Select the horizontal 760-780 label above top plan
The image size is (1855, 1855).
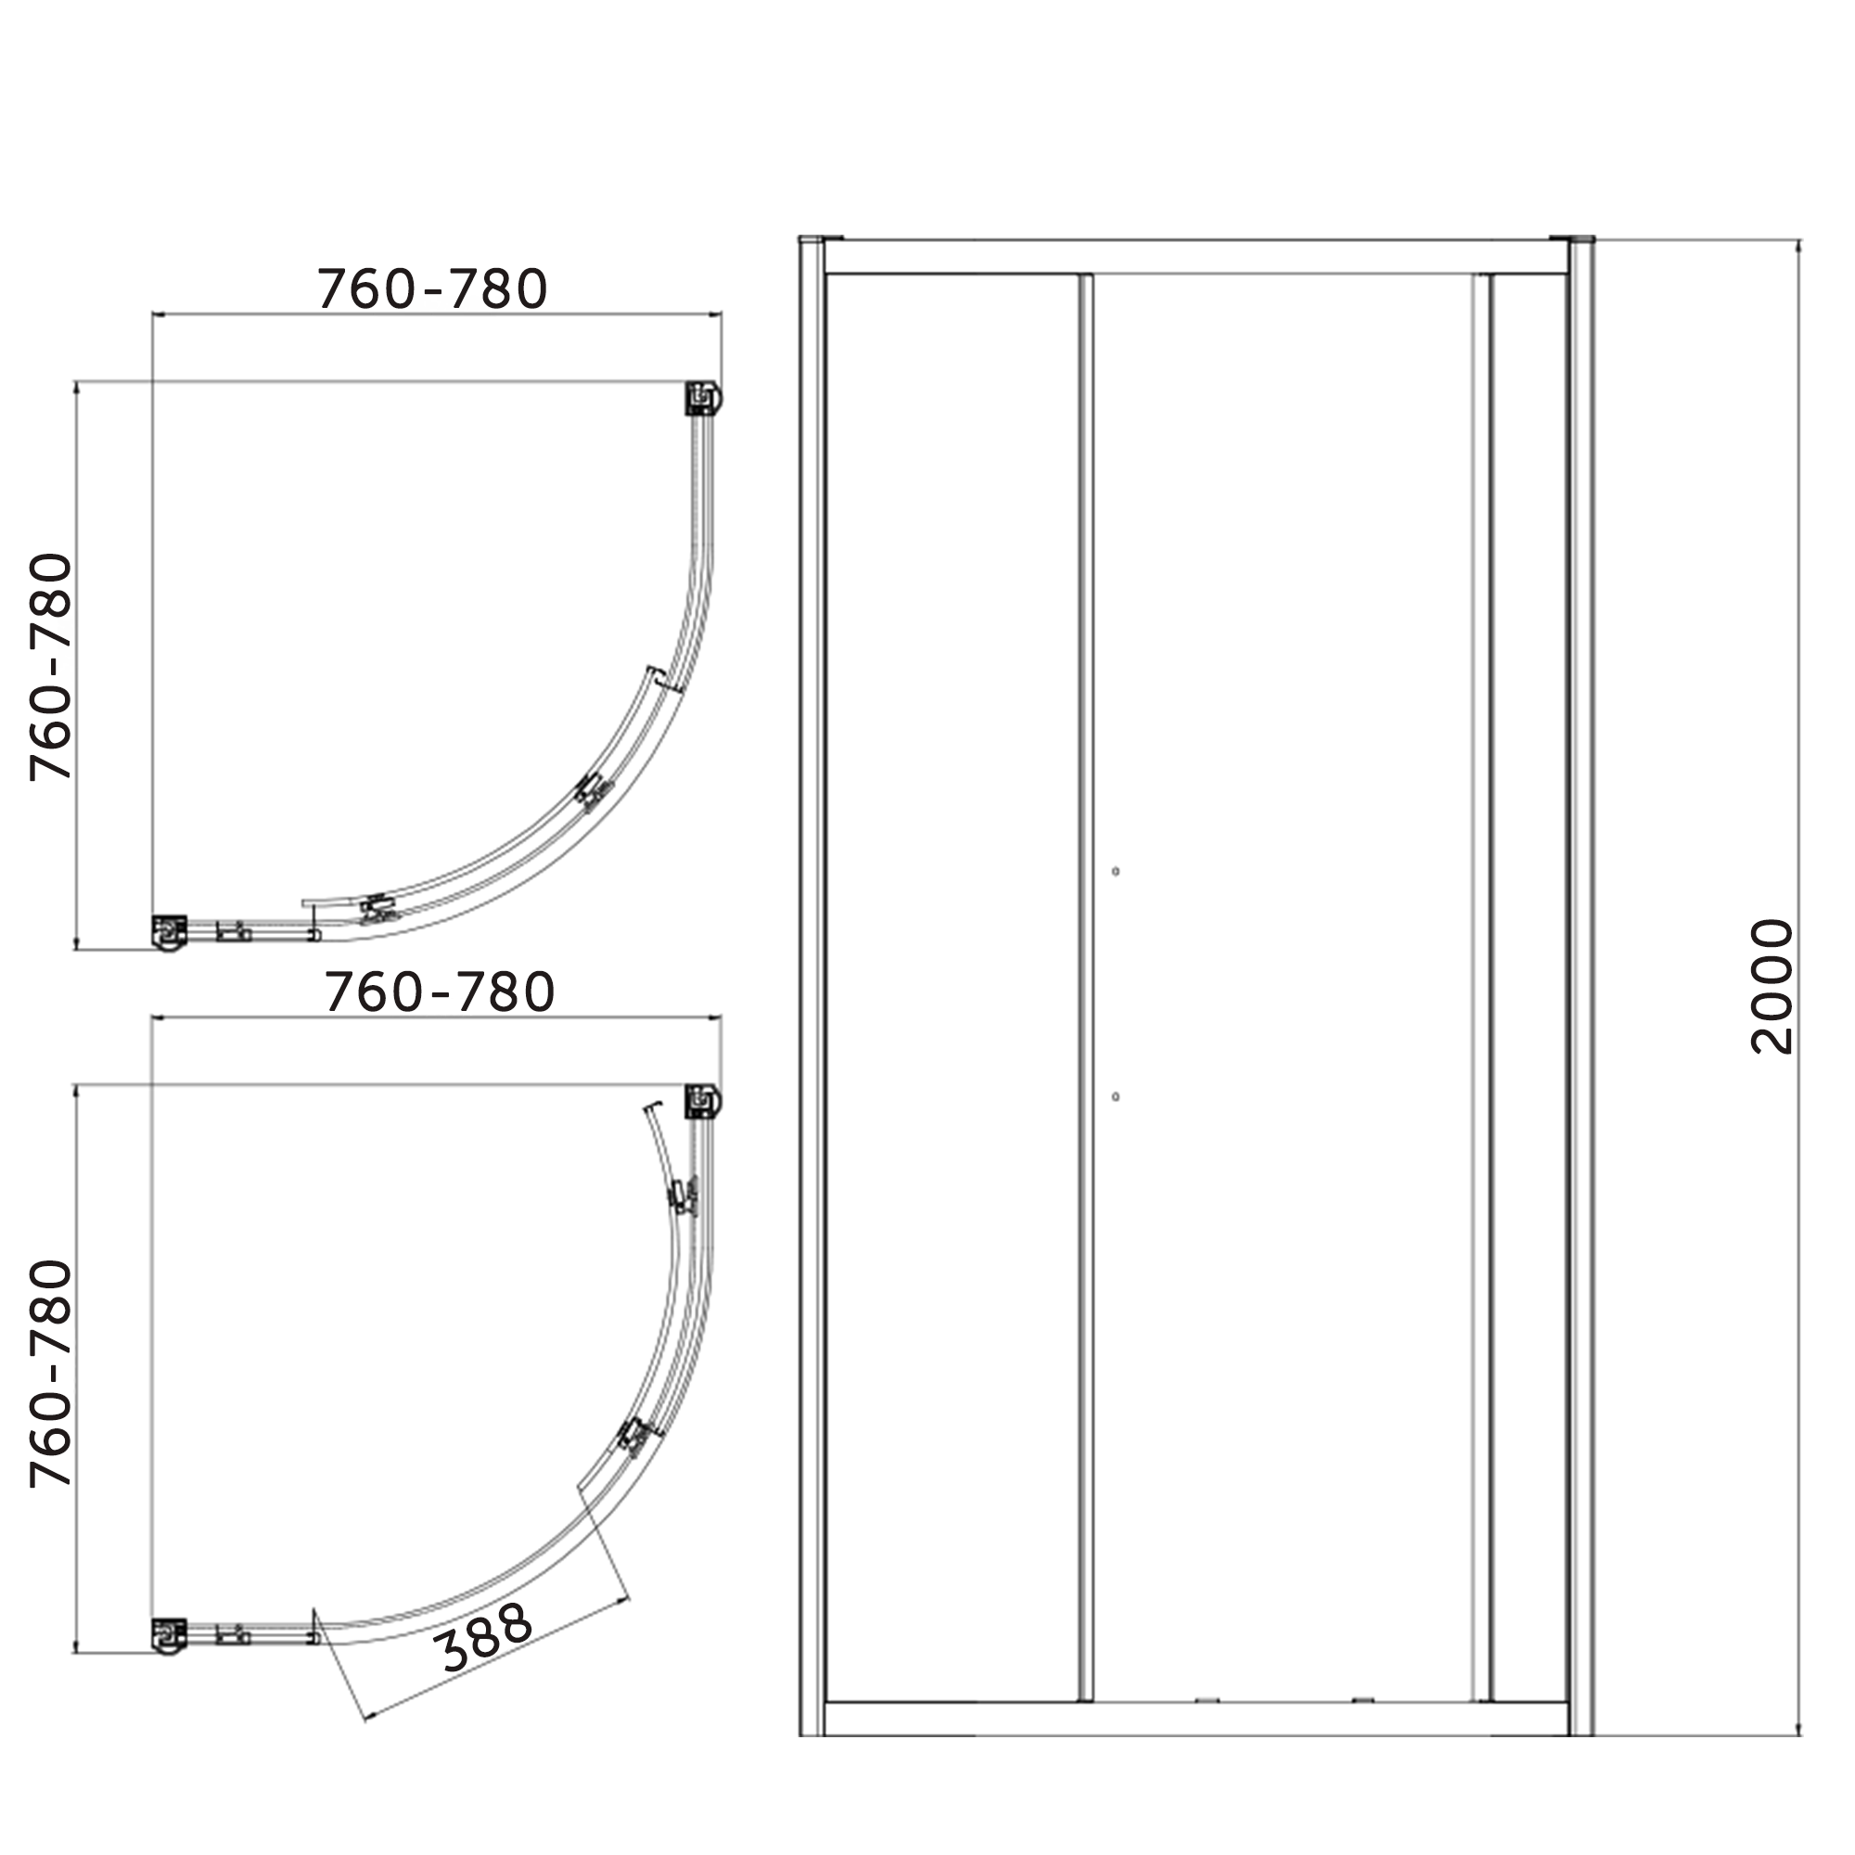tap(433, 288)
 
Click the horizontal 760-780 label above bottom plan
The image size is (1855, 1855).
tap(440, 992)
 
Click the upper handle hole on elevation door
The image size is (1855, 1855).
tap(1115, 872)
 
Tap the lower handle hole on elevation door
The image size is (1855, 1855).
tap(1115, 1096)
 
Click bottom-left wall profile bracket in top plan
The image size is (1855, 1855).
tap(170, 931)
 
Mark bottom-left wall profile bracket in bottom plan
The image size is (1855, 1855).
tap(170, 1635)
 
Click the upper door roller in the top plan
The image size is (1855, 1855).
tap(594, 791)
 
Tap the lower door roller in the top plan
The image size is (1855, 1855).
tap(379, 907)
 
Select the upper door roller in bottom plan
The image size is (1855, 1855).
tap(684, 1196)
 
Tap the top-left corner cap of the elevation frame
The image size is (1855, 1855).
tap(812, 238)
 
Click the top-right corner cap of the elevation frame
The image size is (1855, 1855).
tap(1580, 238)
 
